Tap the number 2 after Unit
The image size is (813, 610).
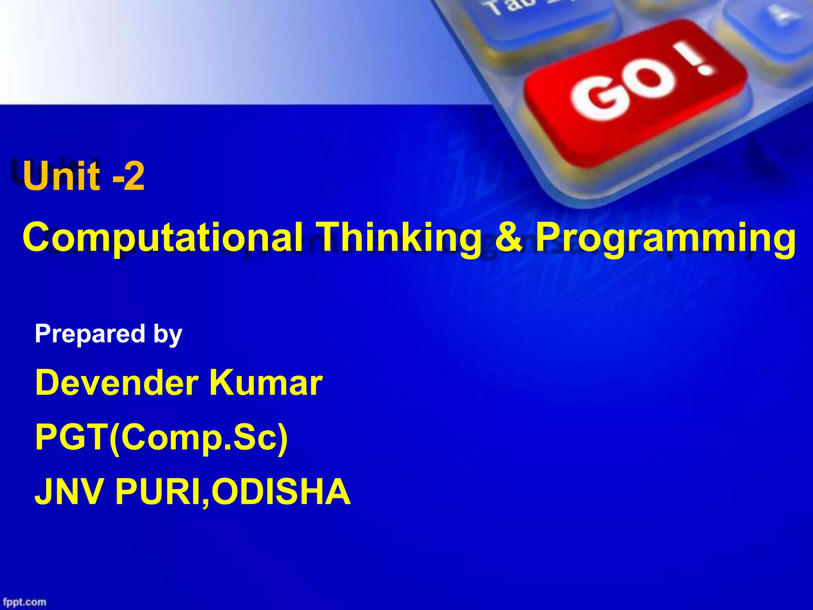coord(135,177)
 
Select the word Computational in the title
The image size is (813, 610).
coord(163,238)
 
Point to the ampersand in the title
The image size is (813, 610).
coord(509,237)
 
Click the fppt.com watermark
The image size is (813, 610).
coord(25,602)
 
